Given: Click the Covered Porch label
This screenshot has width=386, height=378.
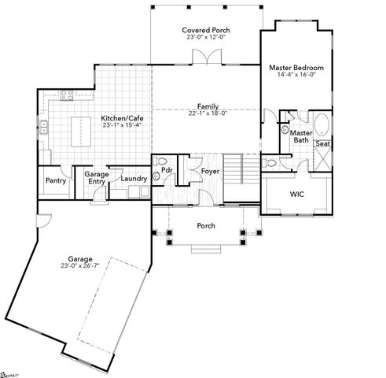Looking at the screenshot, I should pyautogui.click(x=206, y=30).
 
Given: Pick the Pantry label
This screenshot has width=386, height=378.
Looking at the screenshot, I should pyautogui.click(x=56, y=180).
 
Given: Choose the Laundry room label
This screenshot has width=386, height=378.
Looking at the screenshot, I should pyautogui.click(x=133, y=179).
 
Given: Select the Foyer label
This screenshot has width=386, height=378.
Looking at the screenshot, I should pyautogui.click(x=210, y=170).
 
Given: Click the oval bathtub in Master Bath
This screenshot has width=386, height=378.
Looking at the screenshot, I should pyautogui.click(x=322, y=125).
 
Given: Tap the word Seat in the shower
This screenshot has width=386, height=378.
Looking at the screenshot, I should pyautogui.click(x=322, y=144).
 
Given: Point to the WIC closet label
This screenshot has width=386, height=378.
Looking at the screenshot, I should pyautogui.click(x=296, y=193).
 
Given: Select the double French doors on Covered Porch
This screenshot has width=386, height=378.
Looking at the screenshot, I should pyautogui.click(x=206, y=57).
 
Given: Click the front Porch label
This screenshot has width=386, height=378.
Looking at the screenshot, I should pyautogui.click(x=206, y=226).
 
